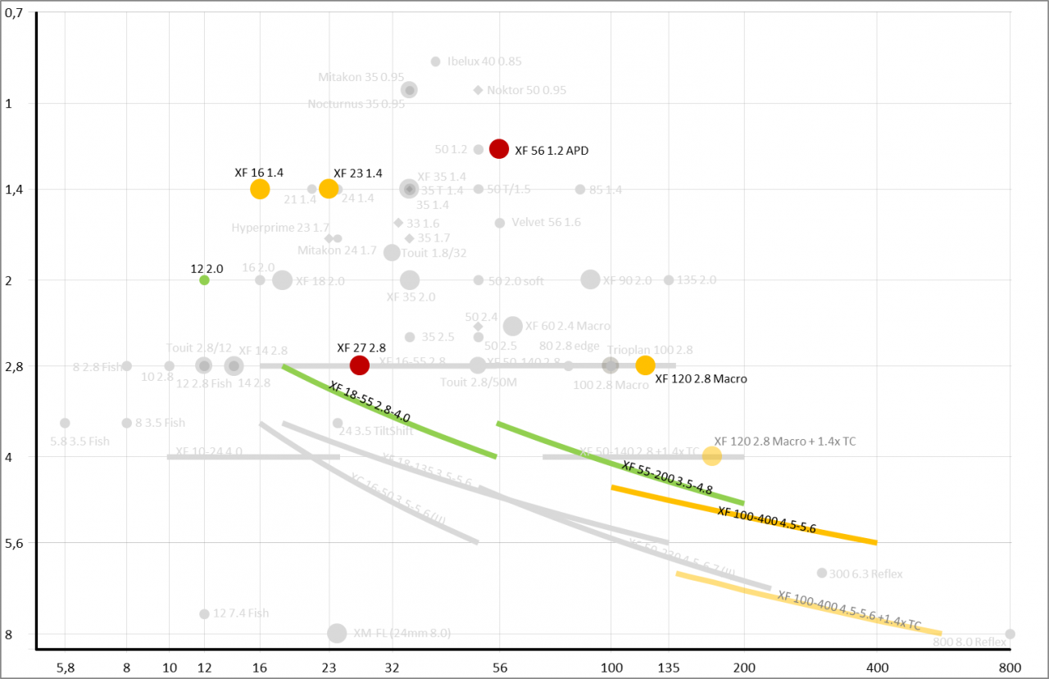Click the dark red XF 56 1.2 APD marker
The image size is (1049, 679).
click(499, 148)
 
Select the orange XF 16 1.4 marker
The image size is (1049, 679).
click(260, 189)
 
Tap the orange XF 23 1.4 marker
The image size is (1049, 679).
click(329, 188)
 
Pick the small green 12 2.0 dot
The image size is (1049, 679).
click(204, 280)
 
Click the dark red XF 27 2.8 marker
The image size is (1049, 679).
click(359, 365)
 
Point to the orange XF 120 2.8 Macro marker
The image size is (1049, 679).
click(645, 365)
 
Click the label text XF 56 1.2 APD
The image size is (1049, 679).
click(551, 151)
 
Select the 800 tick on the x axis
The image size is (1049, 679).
click(1010, 668)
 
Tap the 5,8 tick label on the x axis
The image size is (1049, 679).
click(66, 668)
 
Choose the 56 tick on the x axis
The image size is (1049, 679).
click(499, 668)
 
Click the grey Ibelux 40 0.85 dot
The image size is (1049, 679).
click(435, 61)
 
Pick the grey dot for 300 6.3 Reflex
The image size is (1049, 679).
click(822, 573)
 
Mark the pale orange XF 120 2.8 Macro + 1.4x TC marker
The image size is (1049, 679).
click(711, 455)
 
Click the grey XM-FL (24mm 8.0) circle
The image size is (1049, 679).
click(337, 633)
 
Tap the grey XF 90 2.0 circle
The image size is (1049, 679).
click(590, 279)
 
